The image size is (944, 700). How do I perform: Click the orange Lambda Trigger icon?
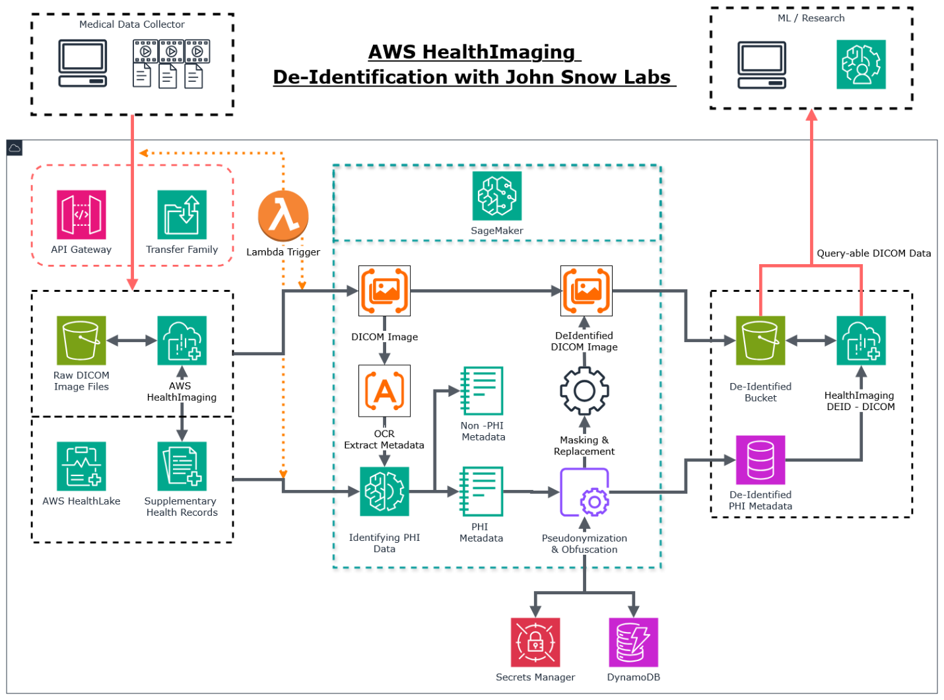pyautogui.click(x=283, y=215)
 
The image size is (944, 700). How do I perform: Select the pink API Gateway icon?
pyautogui.click(x=81, y=215)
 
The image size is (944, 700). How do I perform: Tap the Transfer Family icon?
pyautogui.click(x=182, y=215)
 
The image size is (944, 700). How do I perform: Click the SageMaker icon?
pyautogui.click(x=496, y=196)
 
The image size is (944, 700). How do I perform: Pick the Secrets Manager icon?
pyautogui.click(x=535, y=642)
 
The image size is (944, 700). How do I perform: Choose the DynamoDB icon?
pyautogui.click(x=633, y=642)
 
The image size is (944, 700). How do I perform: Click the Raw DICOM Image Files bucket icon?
pyautogui.click(x=81, y=340)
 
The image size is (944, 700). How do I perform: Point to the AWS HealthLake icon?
pyautogui.click(x=81, y=466)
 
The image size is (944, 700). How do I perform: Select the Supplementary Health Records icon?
pyautogui.click(x=182, y=466)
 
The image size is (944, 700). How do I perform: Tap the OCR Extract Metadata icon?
pyautogui.click(x=384, y=390)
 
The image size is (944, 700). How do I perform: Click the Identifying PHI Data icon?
pyautogui.click(x=384, y=491)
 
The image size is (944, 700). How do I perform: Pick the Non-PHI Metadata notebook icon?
pyautogui.click(x=482, y=390)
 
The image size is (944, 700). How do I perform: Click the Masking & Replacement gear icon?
pyautogui.click(x=584, y=391)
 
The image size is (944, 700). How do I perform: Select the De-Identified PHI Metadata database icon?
pyautogui.click(x=760, y=460)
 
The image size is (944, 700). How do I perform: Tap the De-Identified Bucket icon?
pyautogui.click(x=760, y=340)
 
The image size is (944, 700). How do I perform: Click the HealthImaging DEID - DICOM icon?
pyautogui.click(x=861, y=340)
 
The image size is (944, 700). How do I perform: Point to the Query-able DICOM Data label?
pyautogui.click(x=873, y=254)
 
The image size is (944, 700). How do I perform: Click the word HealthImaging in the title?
pyautogui.click(x=498, y=52)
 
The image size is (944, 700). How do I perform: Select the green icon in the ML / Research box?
pyautogui.click(x=861, y=64)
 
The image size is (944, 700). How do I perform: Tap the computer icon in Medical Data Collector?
pyautogui.click(x=83, y=63)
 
